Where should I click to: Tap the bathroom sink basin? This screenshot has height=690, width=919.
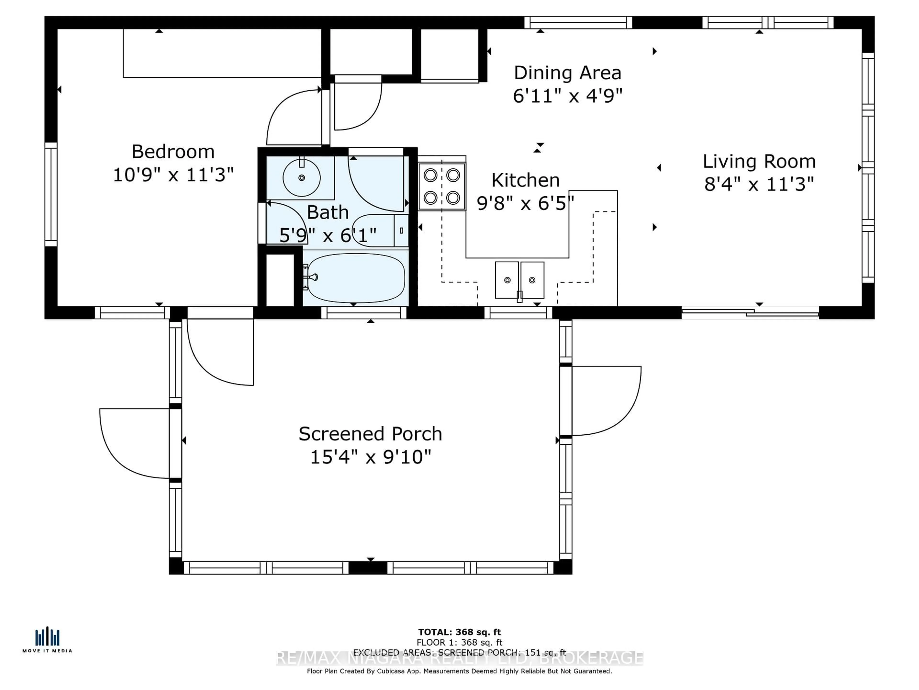(x=301, y=178)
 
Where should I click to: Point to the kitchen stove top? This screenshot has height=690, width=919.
(x=442, y=186)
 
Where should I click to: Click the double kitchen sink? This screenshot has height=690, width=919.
(x=519, y=280)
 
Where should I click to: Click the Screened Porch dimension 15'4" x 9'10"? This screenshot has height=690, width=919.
(x=370, y=457)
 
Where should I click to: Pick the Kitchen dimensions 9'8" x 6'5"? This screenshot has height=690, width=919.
(x=525, y=203)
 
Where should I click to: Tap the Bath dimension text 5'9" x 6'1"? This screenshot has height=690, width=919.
(x=328, y=236)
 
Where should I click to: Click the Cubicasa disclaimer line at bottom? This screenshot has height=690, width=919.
(x=459, y=671)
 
